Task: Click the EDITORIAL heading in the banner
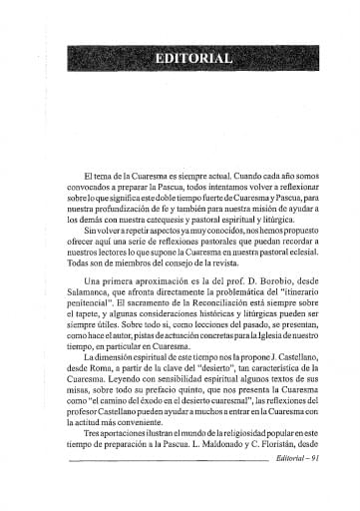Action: click(x=194, y=58)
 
